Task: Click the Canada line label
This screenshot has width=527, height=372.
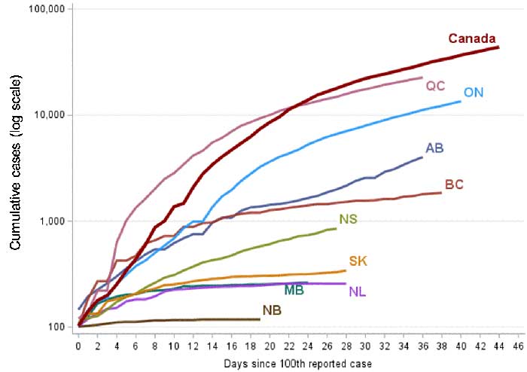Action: (x=471, y=38)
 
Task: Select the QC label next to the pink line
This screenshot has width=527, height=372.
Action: (x=435, y=86)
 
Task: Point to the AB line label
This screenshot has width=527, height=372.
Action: (x=434, y=148)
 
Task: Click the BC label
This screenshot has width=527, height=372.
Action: (x=454, y=183)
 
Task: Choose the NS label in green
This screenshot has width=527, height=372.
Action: (x=348, y=220)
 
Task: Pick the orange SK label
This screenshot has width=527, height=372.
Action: (x=358, y=261)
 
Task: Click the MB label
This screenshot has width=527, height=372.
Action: (x=294, y=290)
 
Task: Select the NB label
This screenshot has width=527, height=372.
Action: (x=273, y=309)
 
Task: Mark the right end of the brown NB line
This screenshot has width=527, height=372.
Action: (x=260, y=319)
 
